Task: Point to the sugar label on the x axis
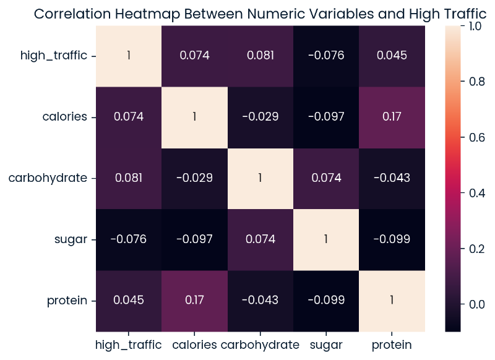(x=327, y=344)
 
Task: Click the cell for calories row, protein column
(x=392, y=117)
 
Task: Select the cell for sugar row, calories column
(x=194, y=240)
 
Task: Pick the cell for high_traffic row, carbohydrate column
(x=260, y=56)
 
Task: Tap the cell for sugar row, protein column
(x=392, y=240)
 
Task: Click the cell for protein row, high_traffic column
(x=129, y=301)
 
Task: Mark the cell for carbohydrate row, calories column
(x=194, y=178)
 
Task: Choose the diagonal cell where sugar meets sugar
(x=327, y=240)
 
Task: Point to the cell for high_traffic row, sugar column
(x=327, y=56)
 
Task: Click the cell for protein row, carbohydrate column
(x=260, y=301)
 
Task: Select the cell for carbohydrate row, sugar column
(x=327, y=178)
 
